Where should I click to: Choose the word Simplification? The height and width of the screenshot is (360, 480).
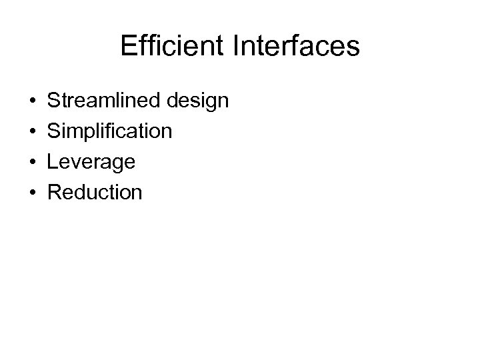(110, 132)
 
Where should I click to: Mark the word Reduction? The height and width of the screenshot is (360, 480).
(95, 193)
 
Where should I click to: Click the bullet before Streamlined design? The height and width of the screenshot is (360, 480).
(33, 102)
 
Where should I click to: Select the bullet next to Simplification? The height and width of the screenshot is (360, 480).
(33, 132)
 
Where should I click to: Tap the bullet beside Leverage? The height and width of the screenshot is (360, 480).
(33, 163)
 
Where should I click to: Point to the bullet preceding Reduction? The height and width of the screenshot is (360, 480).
(33, 193)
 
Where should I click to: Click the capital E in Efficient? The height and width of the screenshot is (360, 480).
(129, 46)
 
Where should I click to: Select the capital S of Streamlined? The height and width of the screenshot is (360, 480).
(55, 101)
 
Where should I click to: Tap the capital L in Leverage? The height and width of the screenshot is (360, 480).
(54, 162)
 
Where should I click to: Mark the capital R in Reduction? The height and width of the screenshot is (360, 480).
(55, 193)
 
